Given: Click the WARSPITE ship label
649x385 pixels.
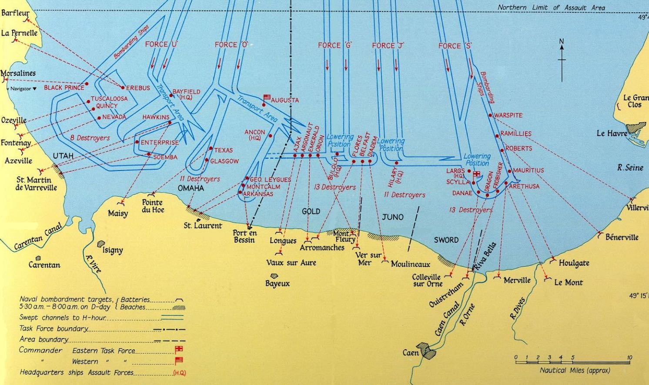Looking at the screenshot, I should [x=508, y=116].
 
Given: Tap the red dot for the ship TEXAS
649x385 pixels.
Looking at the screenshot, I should [x=211, y=149].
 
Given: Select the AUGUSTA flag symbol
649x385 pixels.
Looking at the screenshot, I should [x=267, y=97].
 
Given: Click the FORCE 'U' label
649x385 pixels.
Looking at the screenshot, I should [x=162, y=44].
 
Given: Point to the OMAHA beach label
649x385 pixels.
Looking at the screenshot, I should [x=191, y=188].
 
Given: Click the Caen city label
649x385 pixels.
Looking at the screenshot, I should [x=411, y=352].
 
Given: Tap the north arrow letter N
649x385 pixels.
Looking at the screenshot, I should [x=562, y=42].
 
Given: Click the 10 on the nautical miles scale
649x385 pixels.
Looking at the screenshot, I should [x=629, y=358].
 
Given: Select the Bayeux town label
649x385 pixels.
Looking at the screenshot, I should [x=278, y=284].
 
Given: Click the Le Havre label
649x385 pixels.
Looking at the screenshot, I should [x=611, y=134].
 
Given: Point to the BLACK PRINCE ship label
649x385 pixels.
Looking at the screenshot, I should [x=64, y=87].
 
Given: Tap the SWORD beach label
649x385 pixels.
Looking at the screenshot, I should [x=446, y=240].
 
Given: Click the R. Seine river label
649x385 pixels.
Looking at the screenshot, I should [x=630, y=167].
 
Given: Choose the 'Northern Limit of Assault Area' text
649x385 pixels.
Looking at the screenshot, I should [x=551, y=7].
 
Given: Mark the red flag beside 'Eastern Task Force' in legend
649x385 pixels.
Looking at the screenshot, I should [x=179, y=349].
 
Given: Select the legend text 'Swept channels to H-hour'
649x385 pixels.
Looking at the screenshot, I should [x=63, y=318].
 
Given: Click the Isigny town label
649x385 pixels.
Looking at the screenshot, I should [x=112, y=250].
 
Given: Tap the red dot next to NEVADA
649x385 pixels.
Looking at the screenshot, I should [x=99, y=117].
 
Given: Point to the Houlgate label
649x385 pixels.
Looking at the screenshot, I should [x=574, y=263].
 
